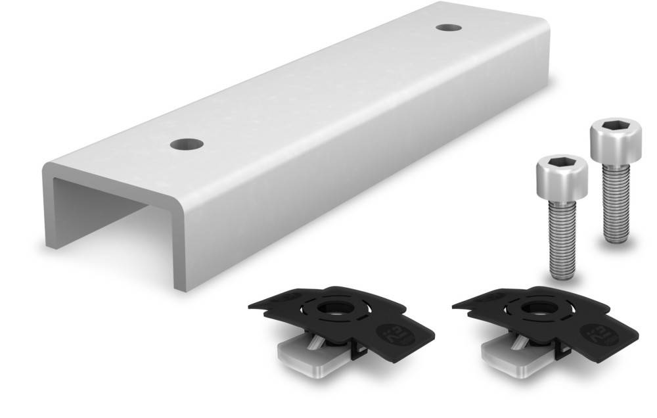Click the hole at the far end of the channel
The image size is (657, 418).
coord(448,28)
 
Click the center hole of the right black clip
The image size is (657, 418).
coord(530,309)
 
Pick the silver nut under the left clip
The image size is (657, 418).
coord(302,355)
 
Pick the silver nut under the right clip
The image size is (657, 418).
coord(507,355)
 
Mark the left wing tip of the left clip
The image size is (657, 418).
coord(253,305)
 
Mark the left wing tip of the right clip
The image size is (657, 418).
coord(457,305)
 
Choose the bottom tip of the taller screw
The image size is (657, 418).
coord(616,237)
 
